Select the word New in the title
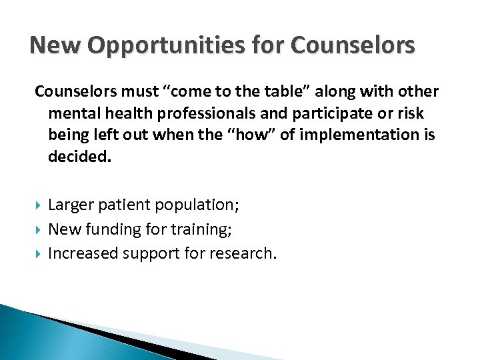[x=54, y=46]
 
